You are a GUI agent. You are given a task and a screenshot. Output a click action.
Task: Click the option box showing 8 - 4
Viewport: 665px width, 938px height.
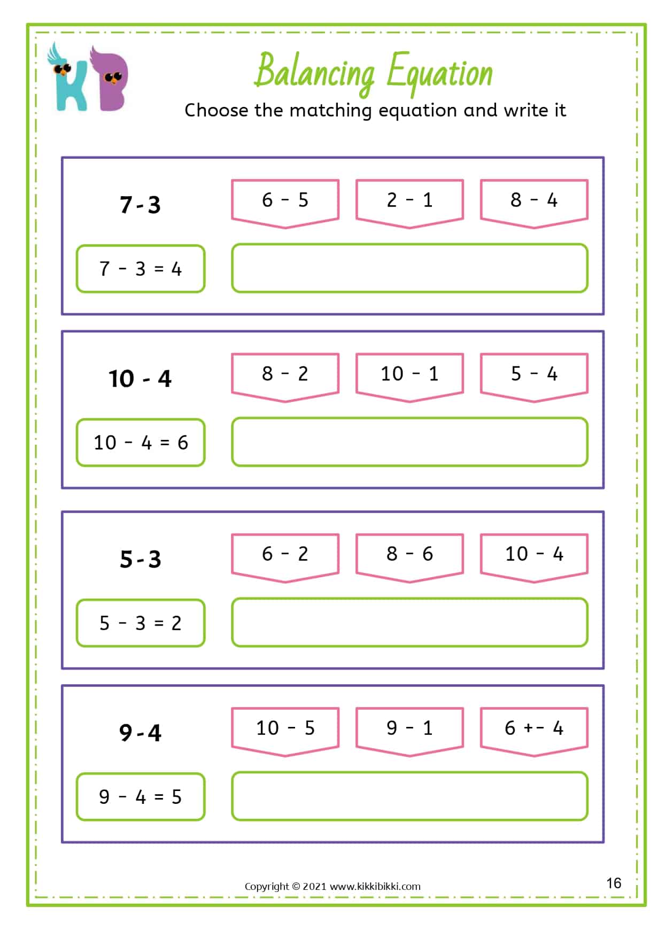[534, 204]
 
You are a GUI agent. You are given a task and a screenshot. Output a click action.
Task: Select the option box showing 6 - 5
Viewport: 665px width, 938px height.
[285, 204]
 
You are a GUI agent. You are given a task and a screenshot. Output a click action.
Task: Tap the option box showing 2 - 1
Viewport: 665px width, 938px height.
[409, 204]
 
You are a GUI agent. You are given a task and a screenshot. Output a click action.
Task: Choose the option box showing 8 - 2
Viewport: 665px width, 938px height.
[285, 377]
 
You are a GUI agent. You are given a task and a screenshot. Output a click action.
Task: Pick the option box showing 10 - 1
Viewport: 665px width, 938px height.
[409, 377]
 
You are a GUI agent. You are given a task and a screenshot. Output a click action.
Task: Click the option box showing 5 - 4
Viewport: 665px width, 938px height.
[534, 377]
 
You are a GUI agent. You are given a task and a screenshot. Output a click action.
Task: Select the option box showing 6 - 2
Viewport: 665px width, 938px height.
[285, 558]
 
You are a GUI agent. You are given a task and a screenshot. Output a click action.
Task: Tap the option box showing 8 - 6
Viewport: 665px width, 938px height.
[409, 558]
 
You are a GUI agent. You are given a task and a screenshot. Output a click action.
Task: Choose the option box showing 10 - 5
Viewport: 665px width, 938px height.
[285, 732]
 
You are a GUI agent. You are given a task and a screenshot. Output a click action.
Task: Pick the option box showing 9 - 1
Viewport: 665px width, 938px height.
[409, 732]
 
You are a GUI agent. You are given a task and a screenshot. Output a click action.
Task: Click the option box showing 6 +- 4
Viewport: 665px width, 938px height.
[534, 732]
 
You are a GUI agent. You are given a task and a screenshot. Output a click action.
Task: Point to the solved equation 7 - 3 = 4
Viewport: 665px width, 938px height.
[141, 268]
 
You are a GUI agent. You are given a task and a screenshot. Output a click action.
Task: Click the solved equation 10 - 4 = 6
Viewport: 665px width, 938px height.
[141, 442]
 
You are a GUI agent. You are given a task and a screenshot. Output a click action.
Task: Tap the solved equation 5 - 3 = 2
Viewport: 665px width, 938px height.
[141, 623]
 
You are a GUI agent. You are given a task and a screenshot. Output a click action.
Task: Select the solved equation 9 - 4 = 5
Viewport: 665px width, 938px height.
[141, 796]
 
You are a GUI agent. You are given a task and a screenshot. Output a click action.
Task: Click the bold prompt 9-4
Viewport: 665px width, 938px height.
[140, 732]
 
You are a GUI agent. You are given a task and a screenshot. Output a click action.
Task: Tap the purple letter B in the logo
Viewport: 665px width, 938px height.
[110, 79]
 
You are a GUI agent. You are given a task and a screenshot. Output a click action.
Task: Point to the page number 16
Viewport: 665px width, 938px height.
[614, 883]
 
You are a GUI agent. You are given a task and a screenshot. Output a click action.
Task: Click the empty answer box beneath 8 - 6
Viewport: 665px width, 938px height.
[409, 622]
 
